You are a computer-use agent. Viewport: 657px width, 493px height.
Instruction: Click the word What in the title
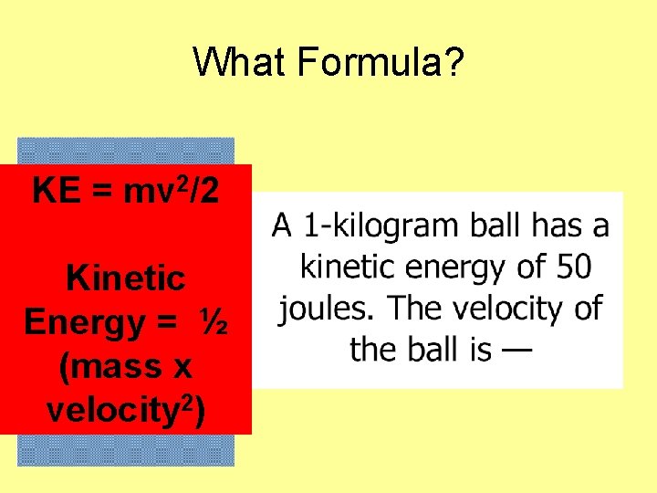(235, 63)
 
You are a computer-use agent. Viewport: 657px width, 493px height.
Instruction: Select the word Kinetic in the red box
(126, 278)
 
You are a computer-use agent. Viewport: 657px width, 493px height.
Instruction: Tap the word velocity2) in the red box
(126, 410)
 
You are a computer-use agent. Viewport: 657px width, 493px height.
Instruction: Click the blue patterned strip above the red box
(126, 151)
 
